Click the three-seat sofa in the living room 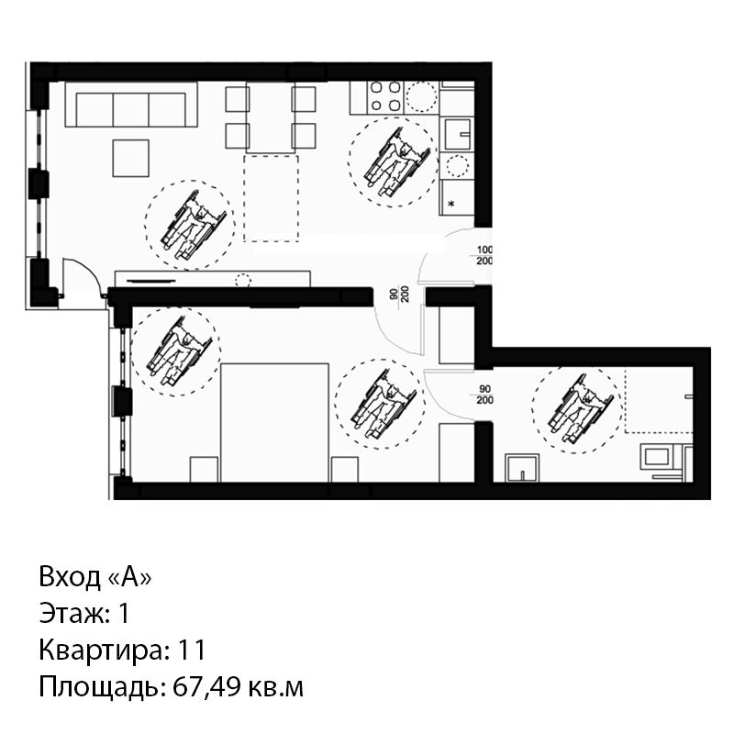pyautogui.click(x=131, y=105)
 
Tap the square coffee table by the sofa pyautogui.click(x=131, y=158)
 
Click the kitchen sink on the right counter pyautogui.click(x=456, y=135)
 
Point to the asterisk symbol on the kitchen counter pyautogui.click(x=451, y=204)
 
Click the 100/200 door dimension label pyautogui.click(x=484, y=256)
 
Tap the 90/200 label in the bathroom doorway pyautogui.click(x=485, y=395)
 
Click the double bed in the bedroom pyautogui.click(x=274, y=422)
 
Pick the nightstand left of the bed pyautogui.click(x=204, y=469)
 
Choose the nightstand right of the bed pyautogui.click(x=345, y=469)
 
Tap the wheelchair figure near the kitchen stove pyautogui.click(x=397, y=161)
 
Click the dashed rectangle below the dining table pyautogui.click(x=271, y=198)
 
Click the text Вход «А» pyautogui.click(x=95, y=577)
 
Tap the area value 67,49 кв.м pyautogui.click(x=238, y=687)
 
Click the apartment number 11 pyautogui.click(x=192, y=651)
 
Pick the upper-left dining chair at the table pyautogui.click(x=237, y=99)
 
